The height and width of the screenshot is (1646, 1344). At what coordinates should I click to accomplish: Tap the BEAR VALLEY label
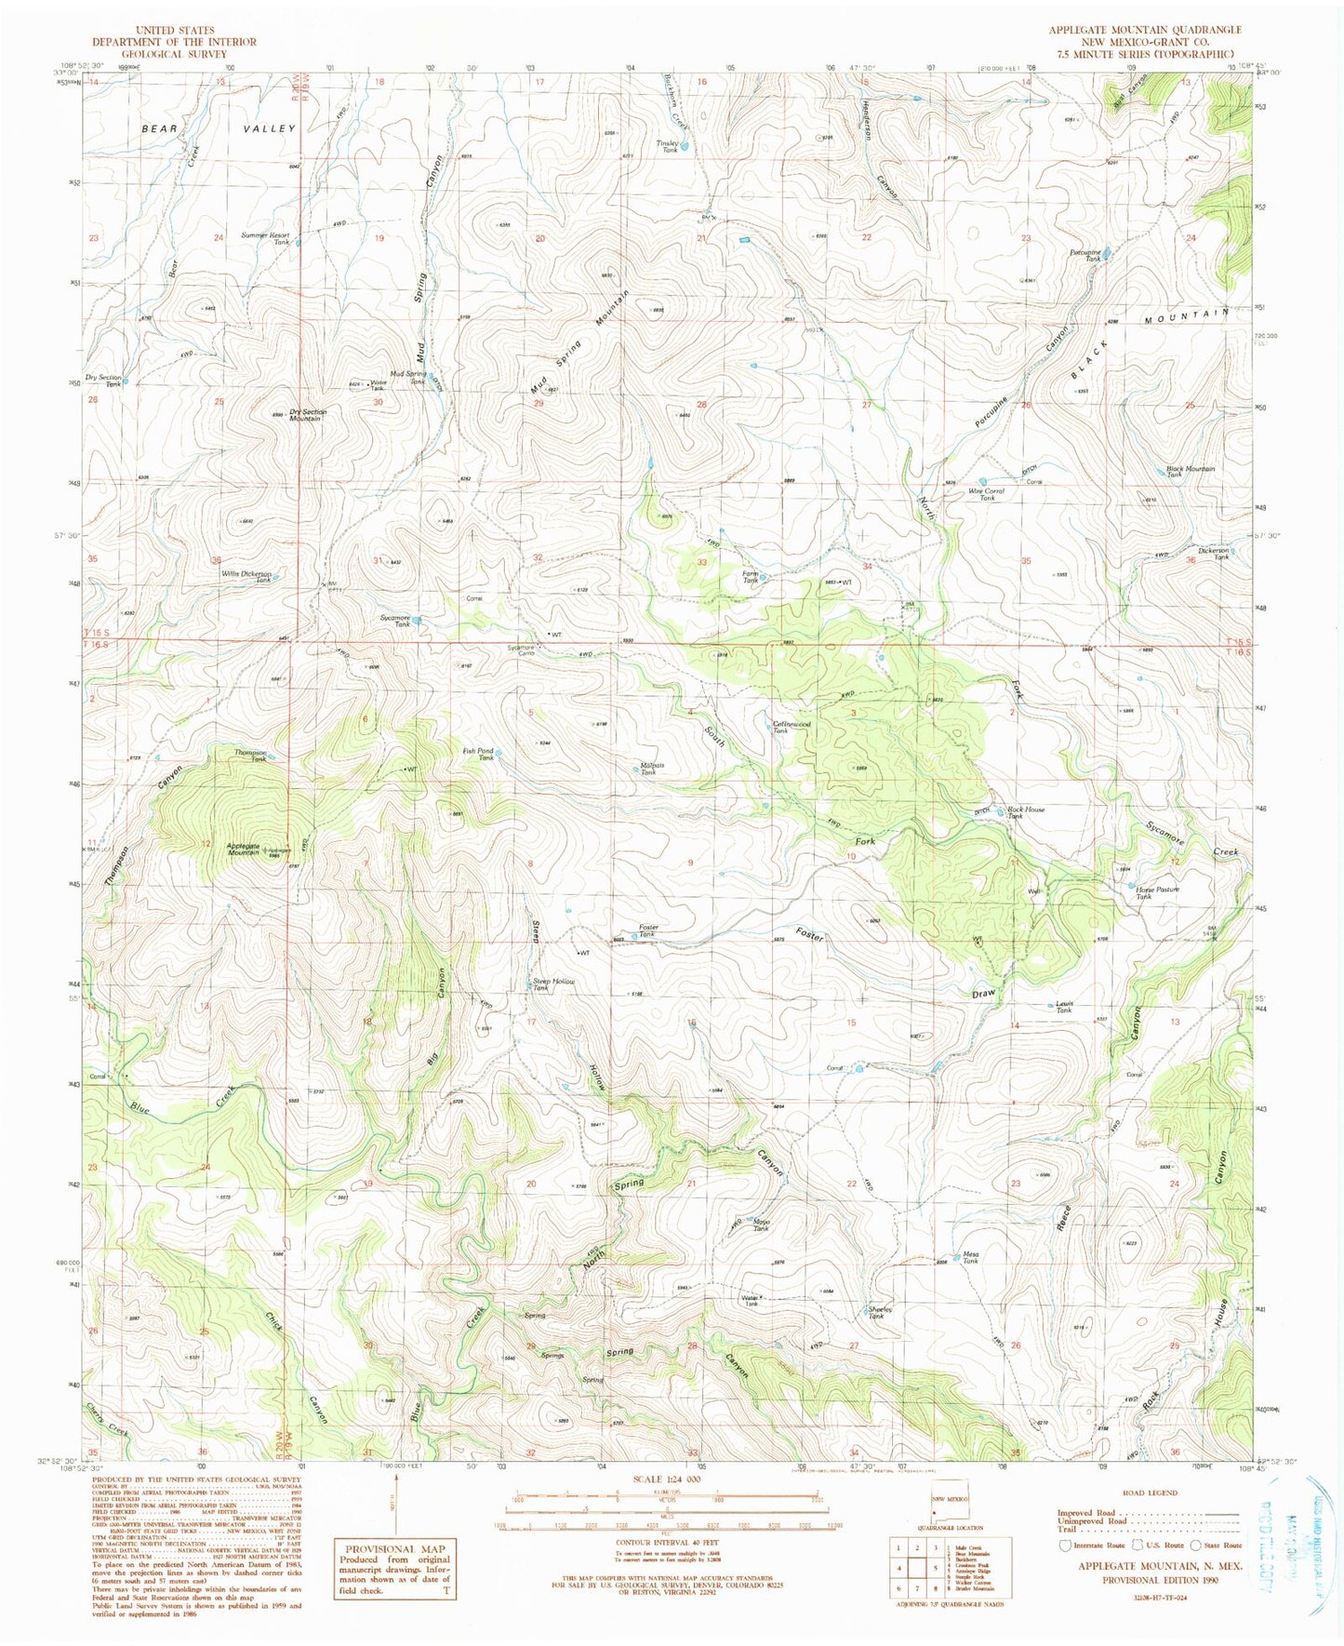[x=219, y=128]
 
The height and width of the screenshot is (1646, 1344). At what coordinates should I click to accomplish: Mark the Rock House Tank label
[x=1026, y=812]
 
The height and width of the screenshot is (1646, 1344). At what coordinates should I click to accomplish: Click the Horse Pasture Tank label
[x=1156, y=892]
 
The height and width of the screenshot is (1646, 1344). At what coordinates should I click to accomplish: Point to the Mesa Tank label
[x=970, y=1256]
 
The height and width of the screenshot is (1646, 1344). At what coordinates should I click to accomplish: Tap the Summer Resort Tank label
[x=265, y=238]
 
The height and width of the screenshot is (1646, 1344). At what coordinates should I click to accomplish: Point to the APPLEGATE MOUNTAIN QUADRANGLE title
[x=1145, y=30]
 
